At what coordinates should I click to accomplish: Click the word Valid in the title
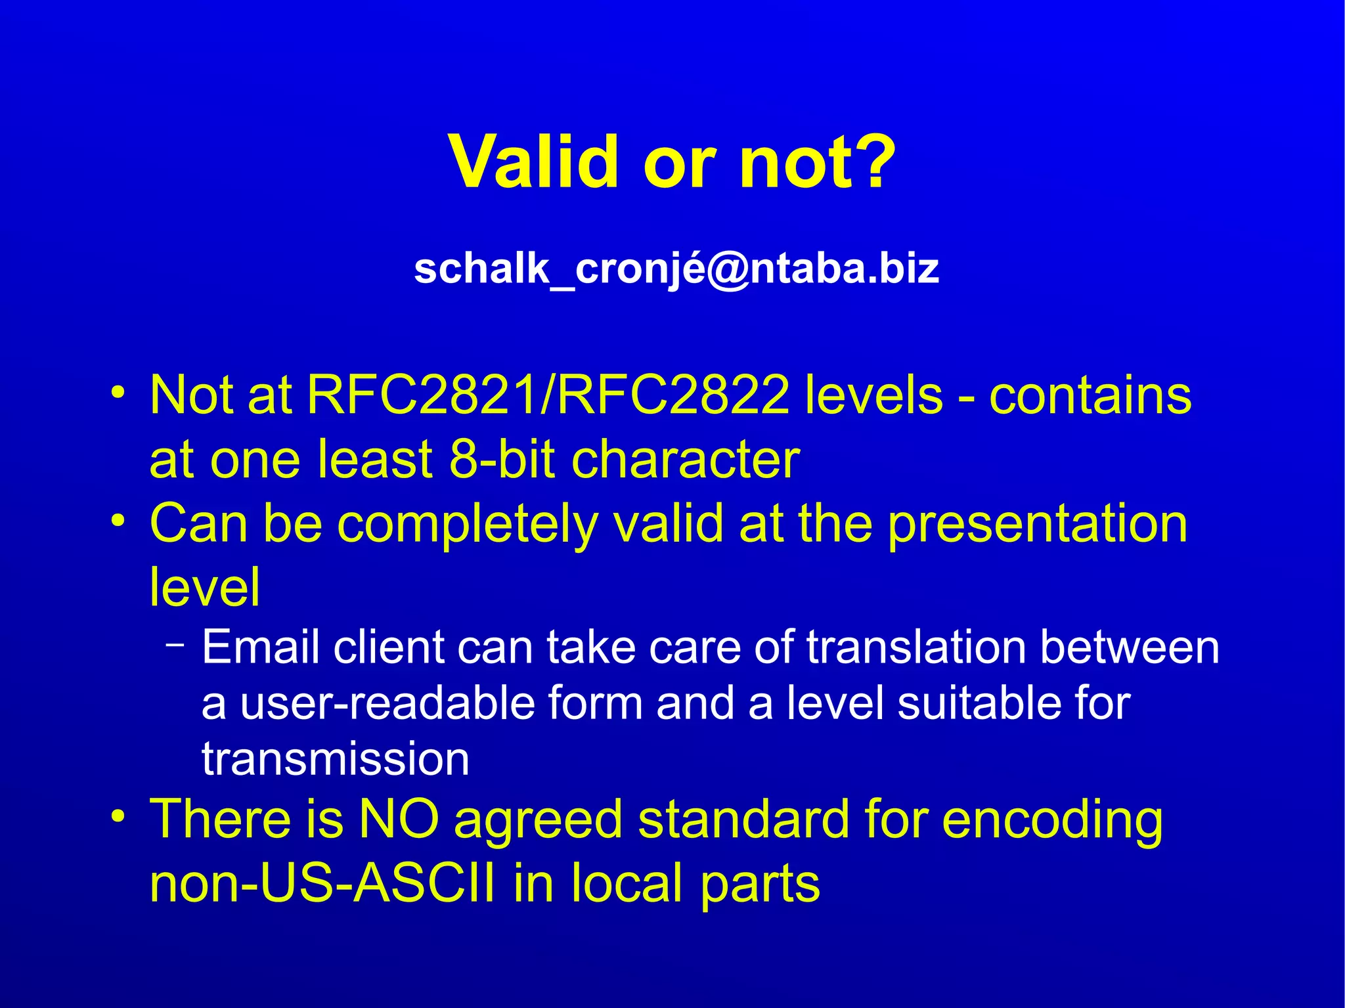(533, 162)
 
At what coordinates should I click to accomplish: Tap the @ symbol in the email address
(725, 269)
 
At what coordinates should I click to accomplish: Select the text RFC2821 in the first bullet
(422, 395)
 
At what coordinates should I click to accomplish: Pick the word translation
(916, 647)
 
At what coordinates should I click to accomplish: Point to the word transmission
(336, 759)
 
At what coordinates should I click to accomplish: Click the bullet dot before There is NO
(118, 817)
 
